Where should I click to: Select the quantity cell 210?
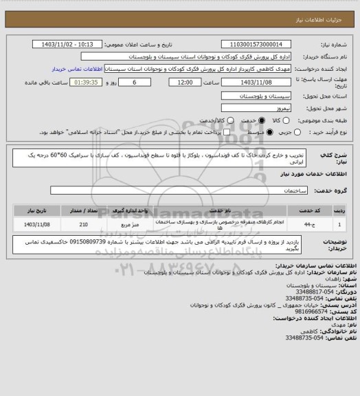[x=84, y=225]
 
